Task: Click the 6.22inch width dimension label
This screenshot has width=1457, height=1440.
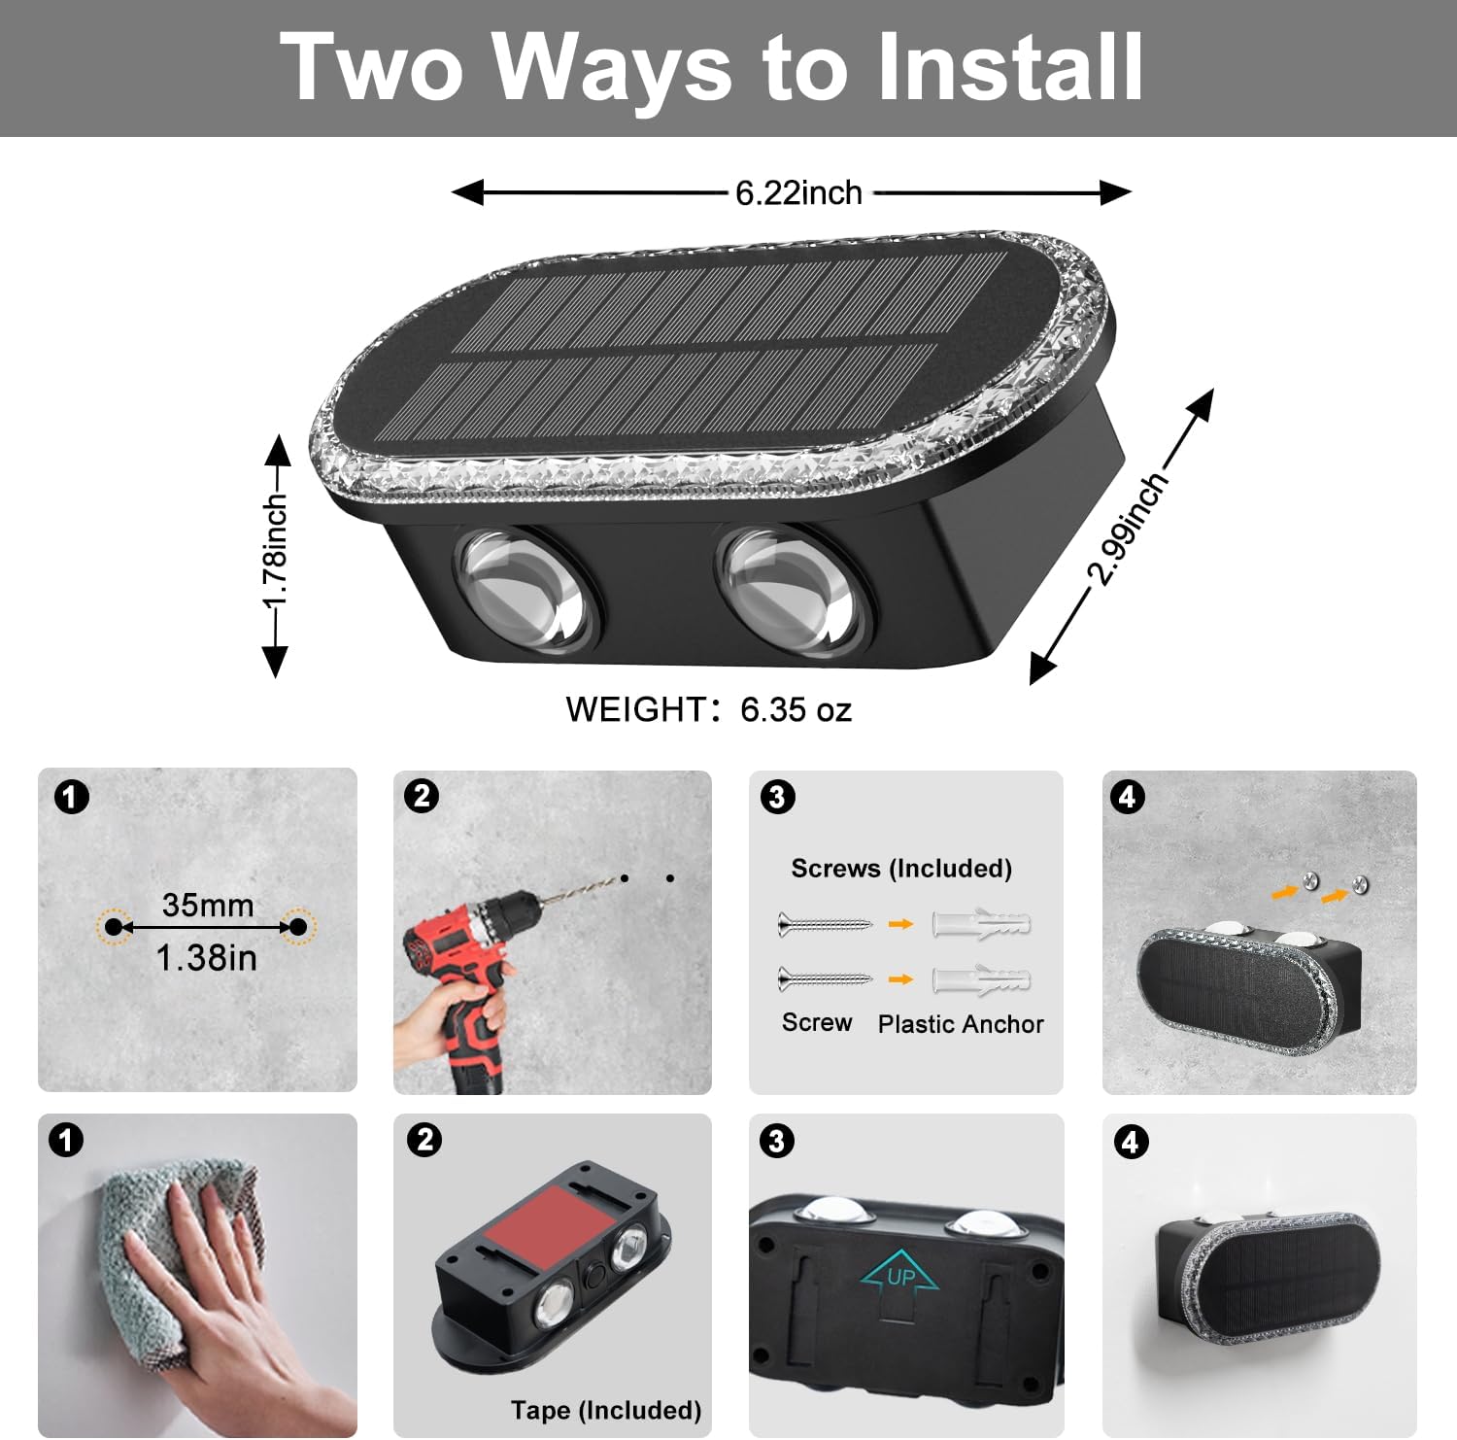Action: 797,192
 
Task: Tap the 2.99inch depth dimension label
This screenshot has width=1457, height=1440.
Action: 1127,531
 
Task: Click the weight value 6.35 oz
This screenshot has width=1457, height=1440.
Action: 796,709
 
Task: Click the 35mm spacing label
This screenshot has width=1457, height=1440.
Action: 207,905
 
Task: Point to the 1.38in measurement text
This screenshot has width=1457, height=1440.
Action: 207,958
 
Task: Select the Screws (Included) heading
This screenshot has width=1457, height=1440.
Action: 900,868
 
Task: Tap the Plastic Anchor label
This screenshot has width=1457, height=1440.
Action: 960,1024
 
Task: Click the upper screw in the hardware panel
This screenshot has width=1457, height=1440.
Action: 825,924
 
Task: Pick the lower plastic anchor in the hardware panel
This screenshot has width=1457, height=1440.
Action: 981,979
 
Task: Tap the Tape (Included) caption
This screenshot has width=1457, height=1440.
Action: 605,1410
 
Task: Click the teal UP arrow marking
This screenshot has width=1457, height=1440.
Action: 899,1275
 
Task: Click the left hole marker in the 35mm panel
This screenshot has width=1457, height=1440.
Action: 114,927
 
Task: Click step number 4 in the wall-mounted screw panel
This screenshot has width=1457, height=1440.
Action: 1127,797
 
